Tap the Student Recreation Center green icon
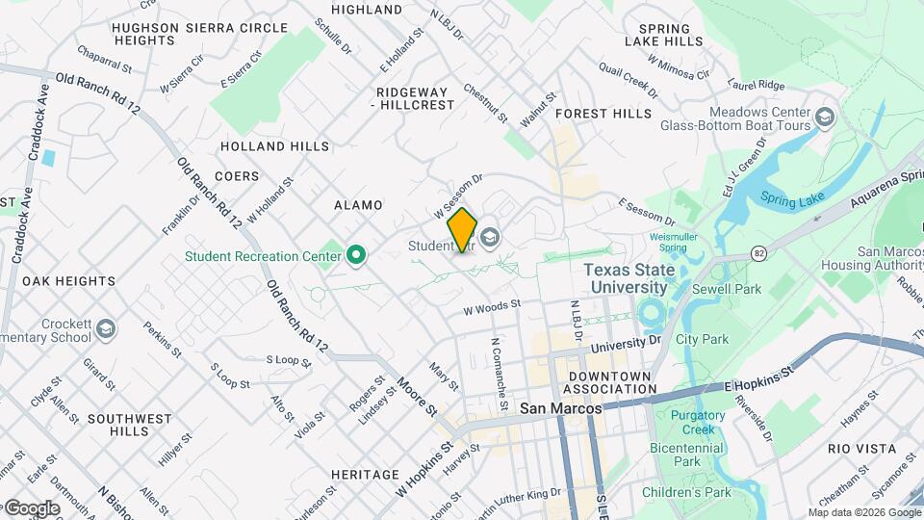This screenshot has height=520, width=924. point(356,256)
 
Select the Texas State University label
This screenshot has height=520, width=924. point(629,278)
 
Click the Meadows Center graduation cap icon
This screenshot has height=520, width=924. point(825,117)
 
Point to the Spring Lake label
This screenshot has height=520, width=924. point(792,198)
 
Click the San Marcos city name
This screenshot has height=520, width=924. point(560,408)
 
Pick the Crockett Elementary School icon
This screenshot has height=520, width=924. point(105,330)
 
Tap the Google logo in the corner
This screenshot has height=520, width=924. point(31,507)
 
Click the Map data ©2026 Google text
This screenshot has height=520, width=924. point(863,512)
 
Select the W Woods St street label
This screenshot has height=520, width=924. point(491,309)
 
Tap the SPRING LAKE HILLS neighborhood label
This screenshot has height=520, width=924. point(663,35)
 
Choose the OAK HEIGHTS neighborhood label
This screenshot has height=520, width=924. point(68,281)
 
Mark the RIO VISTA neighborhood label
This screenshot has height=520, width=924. point(861,449)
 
